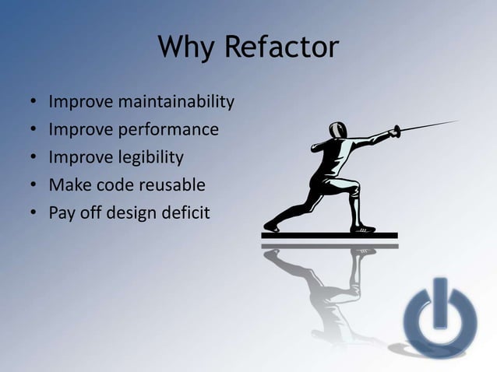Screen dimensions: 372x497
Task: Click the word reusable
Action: [x=169, y=184]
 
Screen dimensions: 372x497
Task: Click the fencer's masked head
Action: [x=337, y=131]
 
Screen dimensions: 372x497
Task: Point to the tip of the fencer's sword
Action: [x=458, y=121]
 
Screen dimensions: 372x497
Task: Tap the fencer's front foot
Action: [x=362, y=228]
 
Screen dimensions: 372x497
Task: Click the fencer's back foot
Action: [x=271, y=226]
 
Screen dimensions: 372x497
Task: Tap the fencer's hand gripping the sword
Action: [x=395, y=132]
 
